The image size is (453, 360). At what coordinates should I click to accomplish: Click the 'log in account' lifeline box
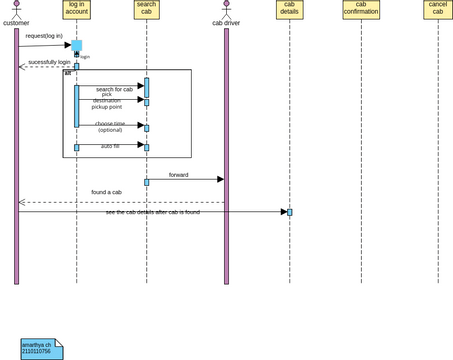click(x=76, y=10)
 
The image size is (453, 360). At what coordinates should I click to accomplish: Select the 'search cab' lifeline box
click(x=146, y=10)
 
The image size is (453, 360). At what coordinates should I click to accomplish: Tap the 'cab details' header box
click(x=289, y=10)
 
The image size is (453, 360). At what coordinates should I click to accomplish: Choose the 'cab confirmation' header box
click(x=361, y=10)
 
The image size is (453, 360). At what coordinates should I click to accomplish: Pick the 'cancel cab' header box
click(x=437, y=10)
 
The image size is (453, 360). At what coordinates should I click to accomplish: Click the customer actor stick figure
click(x=16, y=9)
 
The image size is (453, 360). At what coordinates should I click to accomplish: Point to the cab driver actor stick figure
click(x=226, y=9)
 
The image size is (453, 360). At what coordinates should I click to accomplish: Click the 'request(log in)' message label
click(x=44, y=36)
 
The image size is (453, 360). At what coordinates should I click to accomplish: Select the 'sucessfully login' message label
click(x=49, y=62)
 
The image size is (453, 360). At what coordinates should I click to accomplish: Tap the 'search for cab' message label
click(x=114, y=89)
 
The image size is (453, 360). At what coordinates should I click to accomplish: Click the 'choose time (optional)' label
click(x=110, y=127)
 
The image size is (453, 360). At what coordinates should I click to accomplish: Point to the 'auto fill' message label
click(x=110, y=146)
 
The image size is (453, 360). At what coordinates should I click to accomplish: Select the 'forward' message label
click(x=178, y=175)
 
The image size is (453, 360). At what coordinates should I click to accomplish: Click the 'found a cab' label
click(x=106, y=192)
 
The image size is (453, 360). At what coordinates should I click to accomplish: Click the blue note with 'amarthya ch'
click(x=41, y=349)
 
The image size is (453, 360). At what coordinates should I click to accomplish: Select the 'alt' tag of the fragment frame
click(x=68, y=73)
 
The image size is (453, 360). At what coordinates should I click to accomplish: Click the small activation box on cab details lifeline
click(x=290, y=212)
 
